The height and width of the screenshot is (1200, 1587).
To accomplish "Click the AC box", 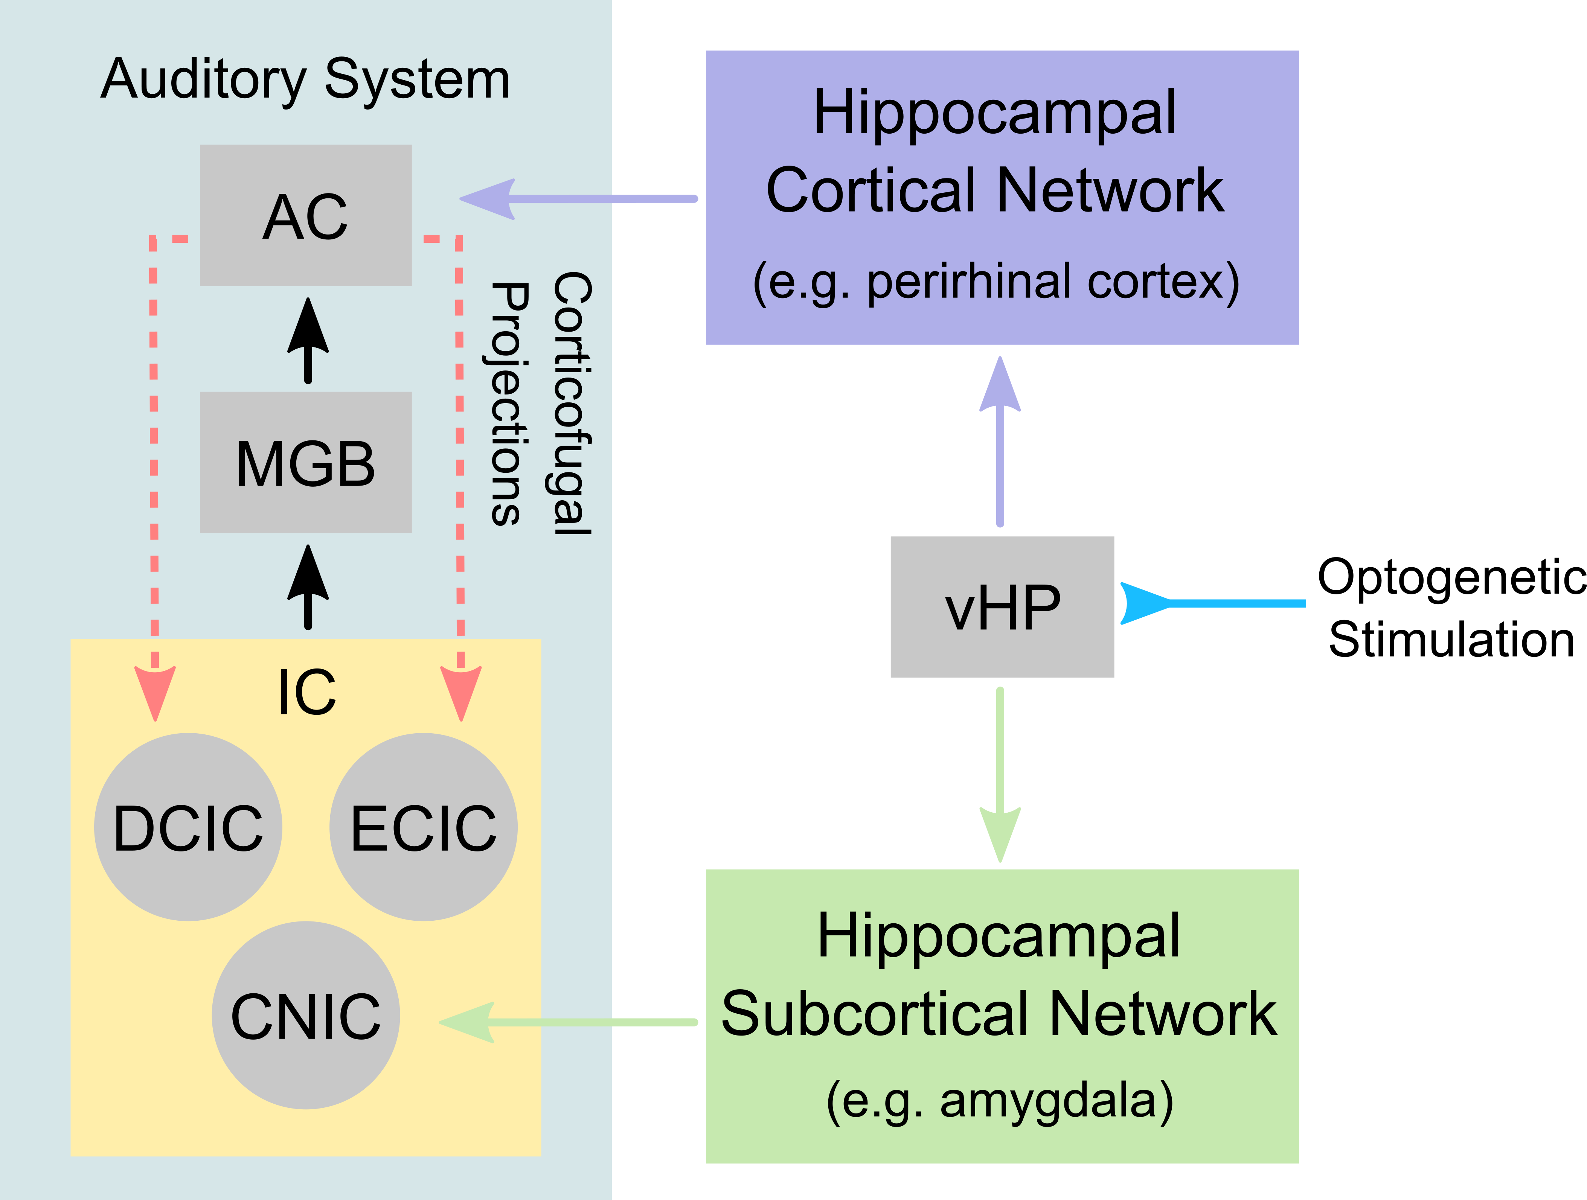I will click(x=306, y=215).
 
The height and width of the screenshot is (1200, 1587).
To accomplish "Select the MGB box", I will click(x=306, y=463).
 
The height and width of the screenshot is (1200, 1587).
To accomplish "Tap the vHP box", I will click(x=1002, y=607).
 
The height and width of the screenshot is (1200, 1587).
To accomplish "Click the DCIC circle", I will click(x=188, y=827).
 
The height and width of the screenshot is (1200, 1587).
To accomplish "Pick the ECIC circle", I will click(x=423, y=827).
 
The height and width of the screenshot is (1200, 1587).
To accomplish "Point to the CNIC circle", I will click(x=306, y=1015).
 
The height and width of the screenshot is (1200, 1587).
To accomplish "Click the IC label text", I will click(x=307, y=692).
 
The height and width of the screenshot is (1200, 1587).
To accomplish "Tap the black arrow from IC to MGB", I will click(x=308, y=587).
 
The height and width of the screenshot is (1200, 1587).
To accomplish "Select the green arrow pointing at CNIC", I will click(x=567, y=1022).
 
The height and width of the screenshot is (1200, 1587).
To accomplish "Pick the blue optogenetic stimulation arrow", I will click(x=1212, y=603).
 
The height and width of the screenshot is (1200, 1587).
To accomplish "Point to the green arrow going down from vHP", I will click(x=1000, y=775).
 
